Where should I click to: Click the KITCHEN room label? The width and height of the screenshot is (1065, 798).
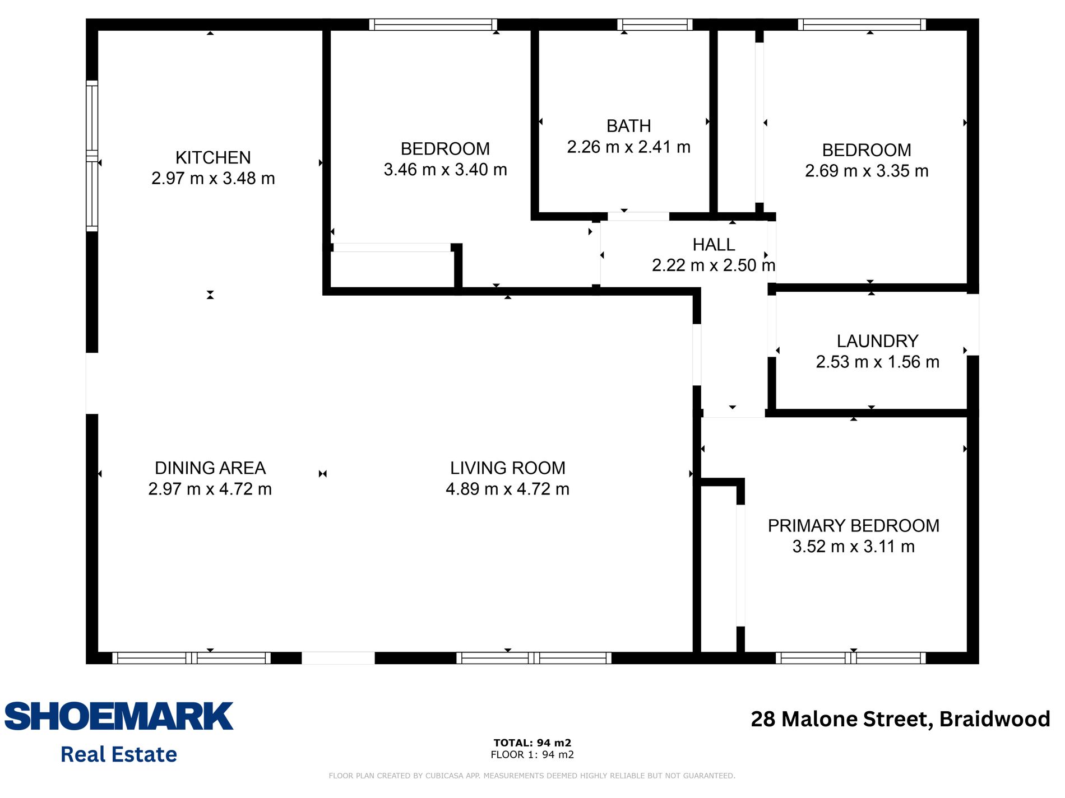pos(213,157)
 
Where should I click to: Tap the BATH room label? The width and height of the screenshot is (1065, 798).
pos(628,126)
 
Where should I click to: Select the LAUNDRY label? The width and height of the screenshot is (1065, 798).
pos(877,341)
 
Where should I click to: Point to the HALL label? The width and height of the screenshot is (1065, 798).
pos(714,245)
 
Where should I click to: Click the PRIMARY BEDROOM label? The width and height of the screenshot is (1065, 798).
pos(853,526)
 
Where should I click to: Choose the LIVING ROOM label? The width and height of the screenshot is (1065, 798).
pos(507,468)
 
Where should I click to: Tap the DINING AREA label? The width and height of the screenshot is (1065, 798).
pos(210,468)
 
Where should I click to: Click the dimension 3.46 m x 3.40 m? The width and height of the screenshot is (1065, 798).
pos(445,170)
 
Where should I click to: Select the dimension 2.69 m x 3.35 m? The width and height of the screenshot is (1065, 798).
pos(867,171)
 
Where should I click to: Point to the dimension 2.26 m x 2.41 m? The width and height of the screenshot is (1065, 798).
pos(628,147)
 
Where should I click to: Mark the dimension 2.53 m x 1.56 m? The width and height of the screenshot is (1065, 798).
pos(877,362)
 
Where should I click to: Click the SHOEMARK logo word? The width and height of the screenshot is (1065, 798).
pos(119,716)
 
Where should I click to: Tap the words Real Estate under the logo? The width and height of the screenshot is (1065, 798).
pos(119,754)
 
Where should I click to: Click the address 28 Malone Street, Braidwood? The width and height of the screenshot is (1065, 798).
pos(900,719)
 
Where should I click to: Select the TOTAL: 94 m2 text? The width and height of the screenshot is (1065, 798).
pos(532,743)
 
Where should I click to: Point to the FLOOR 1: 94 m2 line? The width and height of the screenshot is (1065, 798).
pos(532,754)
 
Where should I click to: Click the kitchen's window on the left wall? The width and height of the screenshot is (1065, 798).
pos(92,156)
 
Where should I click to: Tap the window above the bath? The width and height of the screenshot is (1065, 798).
pos(655,25)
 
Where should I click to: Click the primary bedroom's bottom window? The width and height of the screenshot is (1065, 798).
pos(850,658)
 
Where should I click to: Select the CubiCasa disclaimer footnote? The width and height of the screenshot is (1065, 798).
pos(532,776)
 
